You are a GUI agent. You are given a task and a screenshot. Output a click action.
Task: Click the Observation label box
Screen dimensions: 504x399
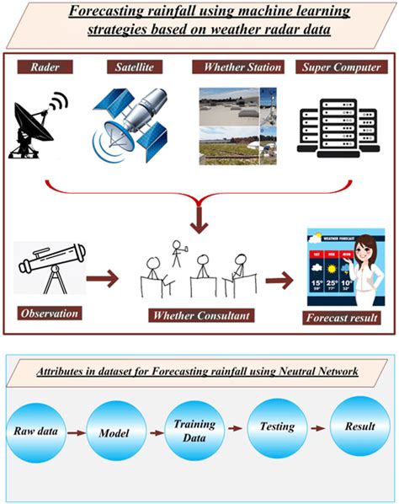[51, 313]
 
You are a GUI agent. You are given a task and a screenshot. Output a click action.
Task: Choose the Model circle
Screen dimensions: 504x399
[115, 431]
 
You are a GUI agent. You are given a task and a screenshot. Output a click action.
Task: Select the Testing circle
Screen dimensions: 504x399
[276, 426]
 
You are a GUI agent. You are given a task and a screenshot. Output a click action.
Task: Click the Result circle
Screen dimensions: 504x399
[359, 426]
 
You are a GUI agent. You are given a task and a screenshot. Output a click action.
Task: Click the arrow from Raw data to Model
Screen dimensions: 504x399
[76, 431]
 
